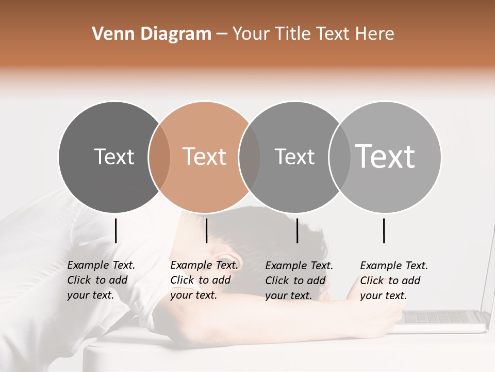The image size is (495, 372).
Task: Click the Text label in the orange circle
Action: [205, 157]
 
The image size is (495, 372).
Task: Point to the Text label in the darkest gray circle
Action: [114, 157]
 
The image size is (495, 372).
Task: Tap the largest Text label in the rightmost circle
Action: [385, 156]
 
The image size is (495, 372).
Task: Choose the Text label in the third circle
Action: [294, 157]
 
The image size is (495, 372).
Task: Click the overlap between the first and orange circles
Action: [159, 157]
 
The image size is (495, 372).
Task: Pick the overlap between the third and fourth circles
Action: [339, 157]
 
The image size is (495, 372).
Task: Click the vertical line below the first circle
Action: [115, 230]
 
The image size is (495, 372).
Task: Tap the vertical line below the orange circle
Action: [206, 230]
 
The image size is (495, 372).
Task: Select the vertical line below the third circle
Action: [297, 230]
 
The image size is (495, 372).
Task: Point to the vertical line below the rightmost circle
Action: [384, 230]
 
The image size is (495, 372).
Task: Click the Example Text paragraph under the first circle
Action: [101, 280]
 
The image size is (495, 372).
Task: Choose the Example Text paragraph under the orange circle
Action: [204, 280]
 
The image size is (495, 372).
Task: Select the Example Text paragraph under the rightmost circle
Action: [393, 280]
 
